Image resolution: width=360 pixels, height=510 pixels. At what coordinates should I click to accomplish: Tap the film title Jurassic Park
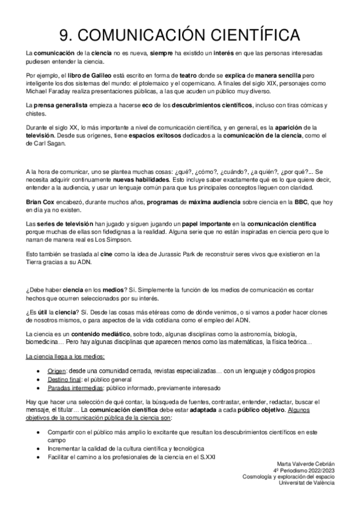(182, 253)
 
